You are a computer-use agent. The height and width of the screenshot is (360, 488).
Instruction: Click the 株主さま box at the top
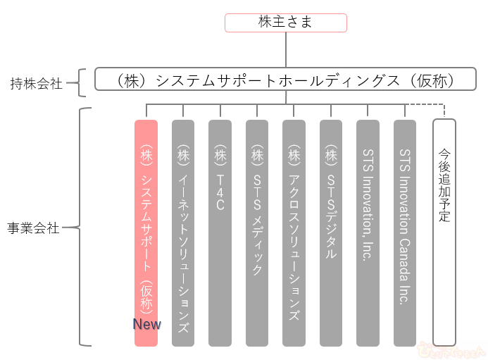click(x=285, y=23)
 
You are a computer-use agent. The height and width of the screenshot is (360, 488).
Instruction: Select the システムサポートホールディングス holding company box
click(x=285, y=82)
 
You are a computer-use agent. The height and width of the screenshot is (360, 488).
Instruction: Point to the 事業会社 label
click(x=33, y=229)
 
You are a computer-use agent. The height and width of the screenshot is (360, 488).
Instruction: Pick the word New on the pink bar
click(x=147, y=325)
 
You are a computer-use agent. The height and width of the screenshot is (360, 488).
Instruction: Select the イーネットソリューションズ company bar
click(x=183, y=232)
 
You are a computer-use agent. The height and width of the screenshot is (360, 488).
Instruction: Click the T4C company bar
click(x=220, y=232)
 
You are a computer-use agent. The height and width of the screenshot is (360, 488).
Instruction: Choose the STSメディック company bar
click(x=257, y=232)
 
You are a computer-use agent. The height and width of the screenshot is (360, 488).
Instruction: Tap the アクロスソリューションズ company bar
click(x=294, y=232)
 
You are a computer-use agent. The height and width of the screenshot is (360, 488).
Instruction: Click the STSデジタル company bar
click(x=331, y=232)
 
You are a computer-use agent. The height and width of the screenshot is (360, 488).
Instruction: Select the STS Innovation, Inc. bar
click(x=368, y=232)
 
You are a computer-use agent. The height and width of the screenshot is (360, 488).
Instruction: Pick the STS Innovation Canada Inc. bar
click(x=405, y=232)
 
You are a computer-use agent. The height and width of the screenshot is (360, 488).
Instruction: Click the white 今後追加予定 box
click(x=444, y=232)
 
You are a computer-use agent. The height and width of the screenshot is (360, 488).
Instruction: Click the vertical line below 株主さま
click(x=285, y=49)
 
